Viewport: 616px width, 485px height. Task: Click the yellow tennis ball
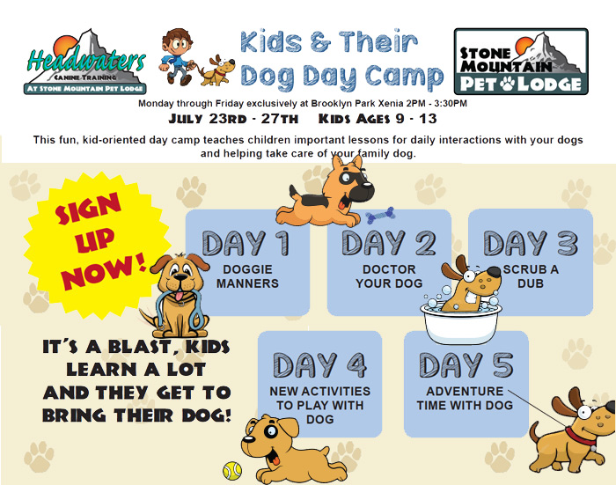(232, 470)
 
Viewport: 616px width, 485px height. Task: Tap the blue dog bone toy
(380, 215)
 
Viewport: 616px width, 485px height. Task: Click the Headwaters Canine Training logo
(85, 62)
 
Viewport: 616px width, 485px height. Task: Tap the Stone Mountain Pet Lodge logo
(521, 62)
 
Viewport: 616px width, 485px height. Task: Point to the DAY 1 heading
(246, 243)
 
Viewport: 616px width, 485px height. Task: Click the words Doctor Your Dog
(389, 276)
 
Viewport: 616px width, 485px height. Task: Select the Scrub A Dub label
(531, 276)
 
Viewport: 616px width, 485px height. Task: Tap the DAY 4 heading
(319, 365)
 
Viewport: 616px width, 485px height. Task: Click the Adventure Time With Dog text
(465, 398)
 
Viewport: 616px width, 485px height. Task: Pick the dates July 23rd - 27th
(233, 119)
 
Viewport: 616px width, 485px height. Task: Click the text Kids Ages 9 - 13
(378, 119)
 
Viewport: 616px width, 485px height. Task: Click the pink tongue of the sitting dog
(180, 296)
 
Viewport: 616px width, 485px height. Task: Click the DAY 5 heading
(466, 365)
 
